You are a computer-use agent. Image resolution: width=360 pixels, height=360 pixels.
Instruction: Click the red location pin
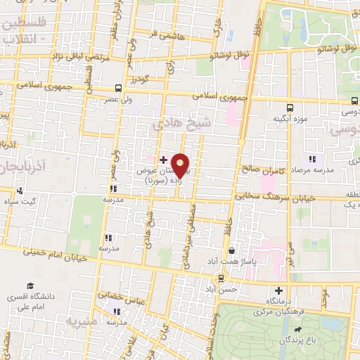[181, 165]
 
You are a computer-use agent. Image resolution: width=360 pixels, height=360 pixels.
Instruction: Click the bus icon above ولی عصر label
[117, 89]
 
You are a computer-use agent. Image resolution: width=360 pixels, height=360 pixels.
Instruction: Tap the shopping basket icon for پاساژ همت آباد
[232, 250]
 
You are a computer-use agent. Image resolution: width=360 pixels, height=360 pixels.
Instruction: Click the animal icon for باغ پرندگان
[300, 329]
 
